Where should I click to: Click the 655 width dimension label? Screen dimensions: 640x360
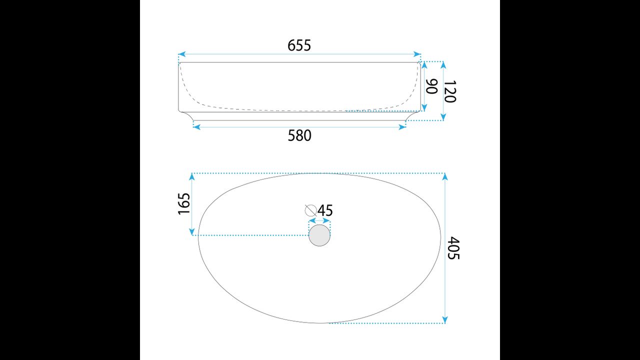[x=299, y=45]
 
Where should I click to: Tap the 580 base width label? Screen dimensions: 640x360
[x=299, y=135]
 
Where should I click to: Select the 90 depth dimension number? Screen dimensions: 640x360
[x=432, y=86]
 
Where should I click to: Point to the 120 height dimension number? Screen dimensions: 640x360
[x=450, y=91]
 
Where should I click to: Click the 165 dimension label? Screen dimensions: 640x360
[x=184, y=203]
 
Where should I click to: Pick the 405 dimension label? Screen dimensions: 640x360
[x=453, y=248]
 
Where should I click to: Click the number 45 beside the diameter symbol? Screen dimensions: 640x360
[x=325, y=210]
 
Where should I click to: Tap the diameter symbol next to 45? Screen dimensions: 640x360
[x=310, y=210]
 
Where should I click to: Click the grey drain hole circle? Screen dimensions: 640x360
[x=319, y=235]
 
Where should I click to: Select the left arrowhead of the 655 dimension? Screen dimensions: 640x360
[x=181, y=54]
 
